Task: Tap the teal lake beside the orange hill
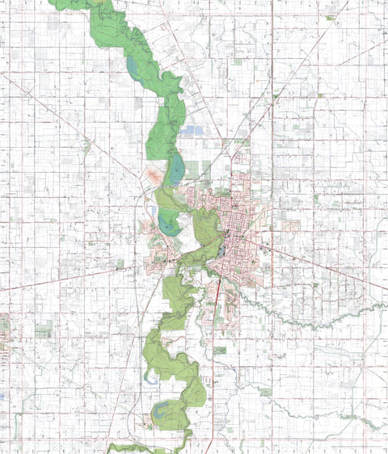175,172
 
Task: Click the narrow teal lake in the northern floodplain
132,65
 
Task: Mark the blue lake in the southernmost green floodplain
164,414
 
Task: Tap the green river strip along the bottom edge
145,447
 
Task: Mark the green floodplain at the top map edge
81,4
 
